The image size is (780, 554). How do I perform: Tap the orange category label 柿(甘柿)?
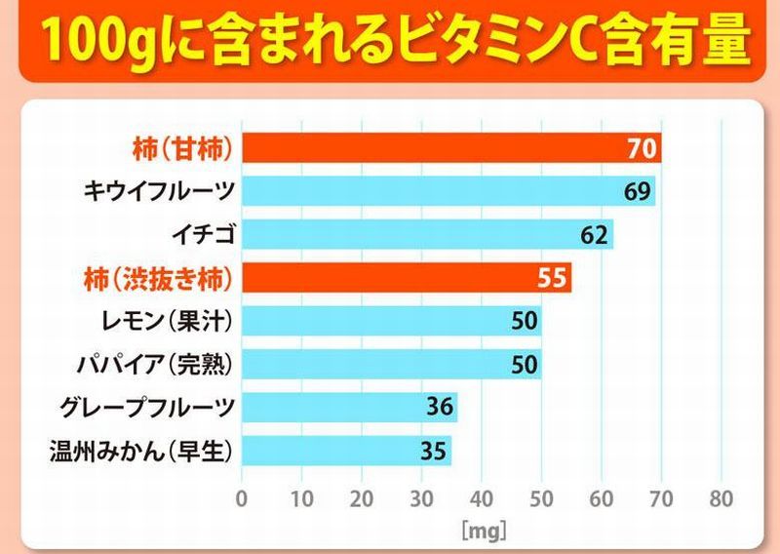180,149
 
